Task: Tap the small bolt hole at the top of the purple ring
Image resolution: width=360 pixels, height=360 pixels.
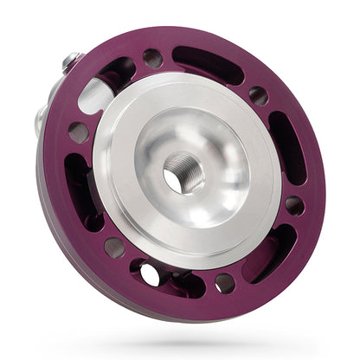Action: click(152, 59)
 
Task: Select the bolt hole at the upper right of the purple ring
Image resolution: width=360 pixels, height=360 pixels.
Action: click(258, 94)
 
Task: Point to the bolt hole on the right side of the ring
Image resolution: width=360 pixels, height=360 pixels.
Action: click(294, 205)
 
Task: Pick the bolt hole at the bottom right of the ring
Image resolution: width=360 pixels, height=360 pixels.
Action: click(225, 282)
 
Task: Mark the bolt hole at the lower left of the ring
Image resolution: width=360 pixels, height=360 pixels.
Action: click(113, 247)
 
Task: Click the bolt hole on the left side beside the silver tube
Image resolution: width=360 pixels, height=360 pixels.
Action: click(77, 132)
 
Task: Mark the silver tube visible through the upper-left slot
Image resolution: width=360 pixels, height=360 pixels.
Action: click(97, 95)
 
